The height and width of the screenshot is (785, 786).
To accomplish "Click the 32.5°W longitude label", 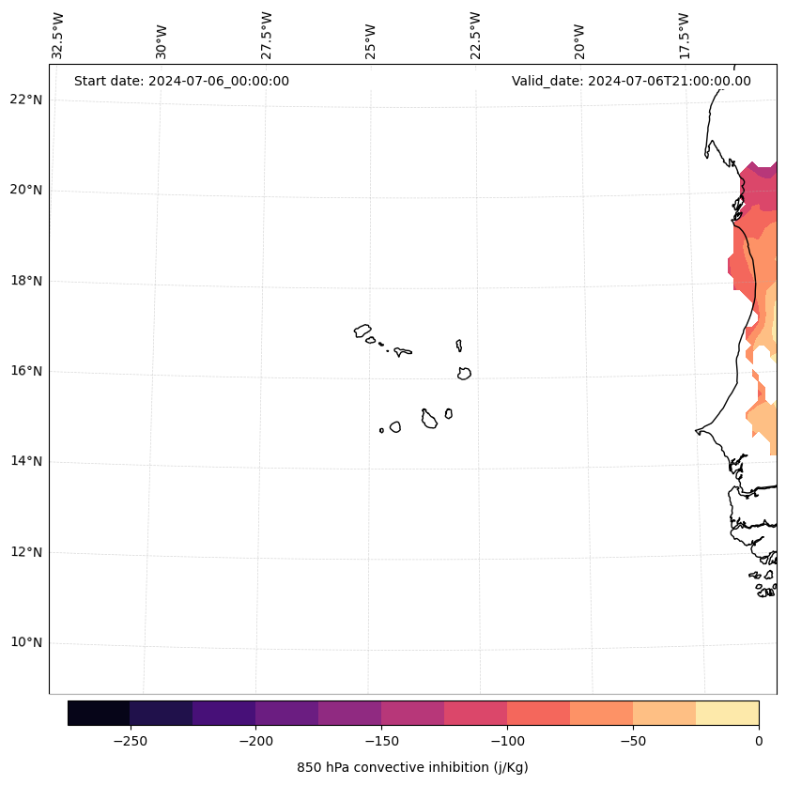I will (58, 36).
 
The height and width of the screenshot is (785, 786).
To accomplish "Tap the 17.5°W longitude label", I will (684, 36).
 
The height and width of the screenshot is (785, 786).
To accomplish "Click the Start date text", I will (181, 81).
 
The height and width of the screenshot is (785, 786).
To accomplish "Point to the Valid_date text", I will (631, 81).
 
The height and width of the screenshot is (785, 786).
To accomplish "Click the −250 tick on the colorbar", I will (130, 740).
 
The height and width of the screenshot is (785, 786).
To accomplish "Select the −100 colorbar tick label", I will (507, 740).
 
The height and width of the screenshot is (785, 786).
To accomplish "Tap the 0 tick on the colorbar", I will (758, 740).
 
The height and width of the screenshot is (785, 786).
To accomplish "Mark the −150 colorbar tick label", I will (381, 740).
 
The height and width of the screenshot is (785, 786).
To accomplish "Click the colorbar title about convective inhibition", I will (412, 767).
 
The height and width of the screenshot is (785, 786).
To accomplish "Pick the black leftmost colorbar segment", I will (99, 713).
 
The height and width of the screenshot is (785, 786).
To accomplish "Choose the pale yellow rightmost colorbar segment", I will (727, 713).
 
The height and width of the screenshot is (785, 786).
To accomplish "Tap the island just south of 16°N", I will (464, 374).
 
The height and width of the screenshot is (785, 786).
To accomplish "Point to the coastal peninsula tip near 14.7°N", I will (697, 431).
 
